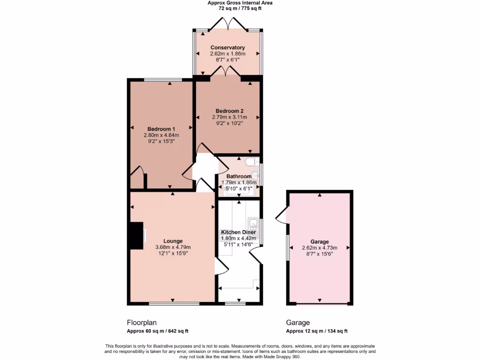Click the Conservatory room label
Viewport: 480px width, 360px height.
click(x=227, y=47)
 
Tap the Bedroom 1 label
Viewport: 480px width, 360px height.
click(x=161, y=129)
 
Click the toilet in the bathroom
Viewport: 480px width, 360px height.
click(x=252, y=162)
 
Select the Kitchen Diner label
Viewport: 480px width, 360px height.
click(x=238, y=232)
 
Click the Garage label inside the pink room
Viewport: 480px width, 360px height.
click(x=319, y=242)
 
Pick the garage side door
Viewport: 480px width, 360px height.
click(x=282, y=215)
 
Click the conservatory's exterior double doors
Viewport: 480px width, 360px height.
click(x=227, y=24)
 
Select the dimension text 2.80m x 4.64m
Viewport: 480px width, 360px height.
click(x=161, y=135)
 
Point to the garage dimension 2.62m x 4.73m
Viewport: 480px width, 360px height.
click(x=319, y=248)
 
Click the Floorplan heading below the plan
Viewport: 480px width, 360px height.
click(x=142, y=322)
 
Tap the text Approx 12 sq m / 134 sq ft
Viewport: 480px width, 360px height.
click(x=317, y=331)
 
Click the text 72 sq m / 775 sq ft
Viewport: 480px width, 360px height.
click(x=240, y=8)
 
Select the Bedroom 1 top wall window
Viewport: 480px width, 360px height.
click(x=157, y=80)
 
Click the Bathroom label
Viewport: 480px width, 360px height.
click(x=239, y=177)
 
